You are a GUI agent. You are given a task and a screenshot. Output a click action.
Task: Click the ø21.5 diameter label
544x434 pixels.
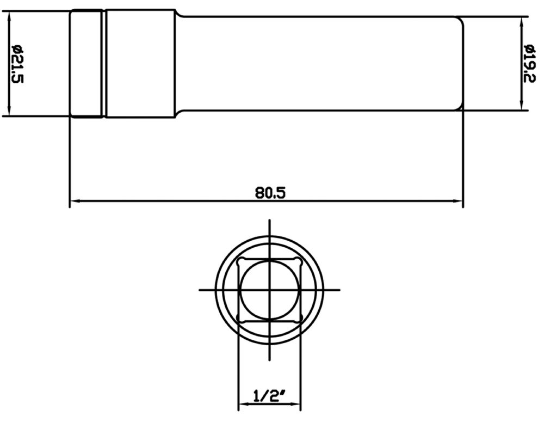pyautogui.click(x=17, y=64)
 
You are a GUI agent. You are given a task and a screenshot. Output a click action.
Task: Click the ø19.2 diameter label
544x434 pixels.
pyautogui.click(x=530, y=64)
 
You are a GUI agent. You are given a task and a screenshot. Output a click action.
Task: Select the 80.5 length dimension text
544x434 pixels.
pyautogui.click(x=270, y=193)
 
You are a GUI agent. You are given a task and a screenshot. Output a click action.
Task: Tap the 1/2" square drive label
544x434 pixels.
pyautogui.click(x=269, y=396)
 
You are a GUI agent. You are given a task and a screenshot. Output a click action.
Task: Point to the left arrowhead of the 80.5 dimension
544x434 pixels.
pyautogui.click(x=75, y=201)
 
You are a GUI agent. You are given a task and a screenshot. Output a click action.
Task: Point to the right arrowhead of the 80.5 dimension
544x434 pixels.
pyautogui.click(x=458, y=201)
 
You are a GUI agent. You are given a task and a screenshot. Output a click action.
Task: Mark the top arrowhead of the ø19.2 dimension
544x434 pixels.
pyautogui.click(x=522, y=22)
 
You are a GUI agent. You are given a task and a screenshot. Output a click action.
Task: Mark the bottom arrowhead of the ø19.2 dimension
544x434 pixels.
pyautogui.click(x=522, y=105)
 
